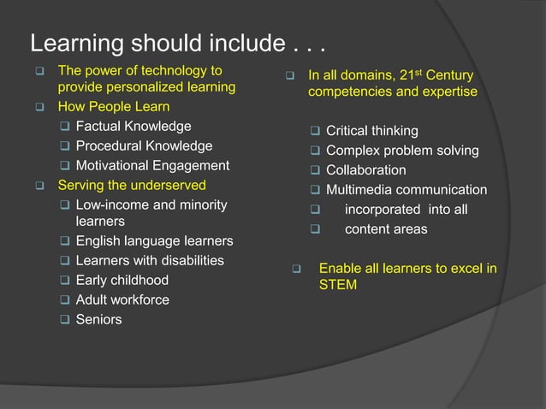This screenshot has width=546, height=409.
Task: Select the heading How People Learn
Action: (x=113, y=107)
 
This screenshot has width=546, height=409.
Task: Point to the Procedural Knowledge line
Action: (x=144, y=146)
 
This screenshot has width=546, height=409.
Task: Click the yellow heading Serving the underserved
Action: (x=131, y=185)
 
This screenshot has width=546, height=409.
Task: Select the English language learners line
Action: (x=154, y=241)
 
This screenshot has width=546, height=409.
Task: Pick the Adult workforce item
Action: (x=122, y=300)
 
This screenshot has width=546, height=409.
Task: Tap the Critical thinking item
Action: (x=372, y=131)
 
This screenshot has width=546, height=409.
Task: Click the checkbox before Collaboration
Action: (x=315, y=170)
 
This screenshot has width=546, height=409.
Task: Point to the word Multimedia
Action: (x=359, y=190)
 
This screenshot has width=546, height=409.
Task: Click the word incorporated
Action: (x=382, y=210)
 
